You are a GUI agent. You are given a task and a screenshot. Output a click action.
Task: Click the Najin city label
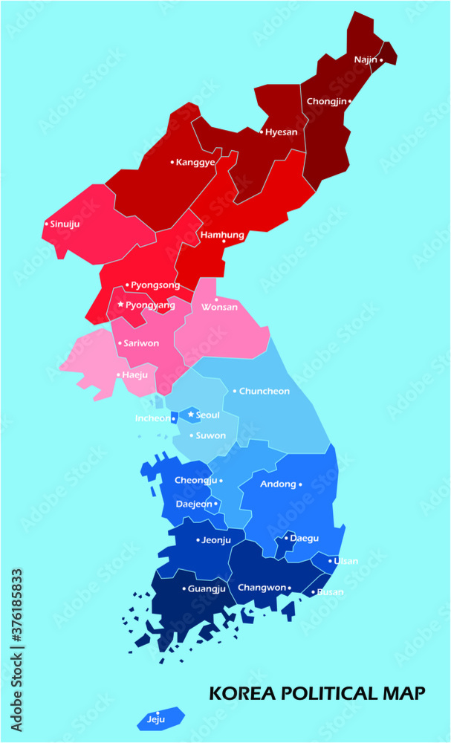(x=365, y=59)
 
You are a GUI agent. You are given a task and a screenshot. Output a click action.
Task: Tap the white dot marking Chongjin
(x=350, y=101)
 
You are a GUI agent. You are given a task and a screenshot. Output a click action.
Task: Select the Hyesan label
(x=282, y=132)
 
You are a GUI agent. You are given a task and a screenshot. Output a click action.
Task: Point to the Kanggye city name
(x=195, y=162)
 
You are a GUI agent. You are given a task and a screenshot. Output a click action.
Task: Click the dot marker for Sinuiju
(x=46, y=223)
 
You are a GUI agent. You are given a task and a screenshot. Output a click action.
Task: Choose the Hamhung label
(x=222, y=235)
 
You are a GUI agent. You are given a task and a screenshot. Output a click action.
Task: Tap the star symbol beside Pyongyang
(x=120, y=305)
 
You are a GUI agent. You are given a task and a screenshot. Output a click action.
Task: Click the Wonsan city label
(x=220, y=307)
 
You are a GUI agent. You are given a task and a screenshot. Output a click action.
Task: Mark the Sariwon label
(x=140, y=343)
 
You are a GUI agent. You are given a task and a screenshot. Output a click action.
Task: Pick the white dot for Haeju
(x=118, y=375)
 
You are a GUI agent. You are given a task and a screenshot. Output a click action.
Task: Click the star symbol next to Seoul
(x=191, y=414)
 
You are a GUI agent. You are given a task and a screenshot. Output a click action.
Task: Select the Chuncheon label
(x=265, y=391)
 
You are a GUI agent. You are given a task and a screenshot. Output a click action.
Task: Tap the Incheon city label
(x=152, y=418)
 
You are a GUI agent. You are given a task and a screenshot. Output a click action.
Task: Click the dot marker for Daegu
(x=286, y=538)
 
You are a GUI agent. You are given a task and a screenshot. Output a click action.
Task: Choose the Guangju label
(x=207, y=588)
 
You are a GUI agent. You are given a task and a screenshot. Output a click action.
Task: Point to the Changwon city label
(x=262, y=588)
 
